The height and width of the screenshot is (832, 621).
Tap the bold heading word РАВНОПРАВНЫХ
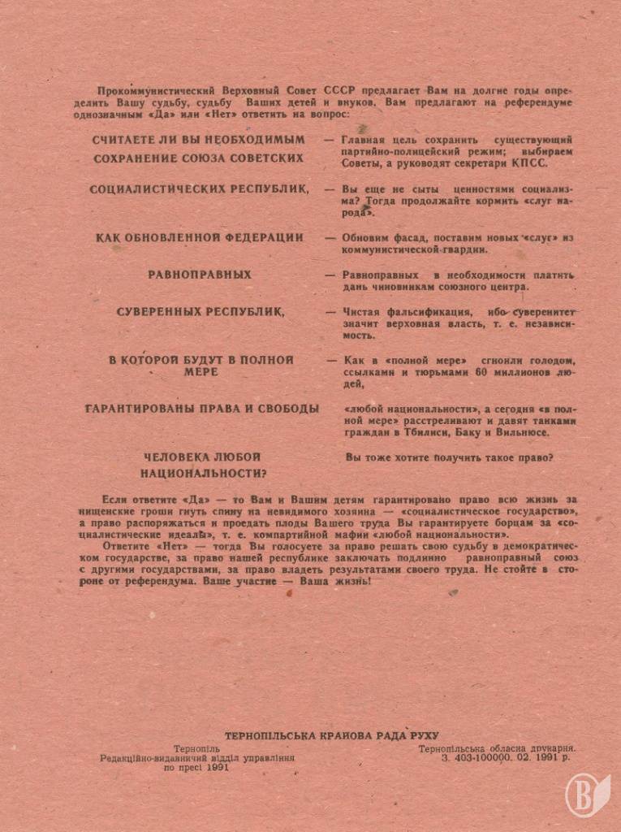199,275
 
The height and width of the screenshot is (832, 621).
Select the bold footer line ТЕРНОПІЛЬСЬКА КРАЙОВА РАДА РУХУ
331,734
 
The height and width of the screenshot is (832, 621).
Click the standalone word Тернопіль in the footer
196,747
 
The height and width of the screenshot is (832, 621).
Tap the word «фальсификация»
426,311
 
